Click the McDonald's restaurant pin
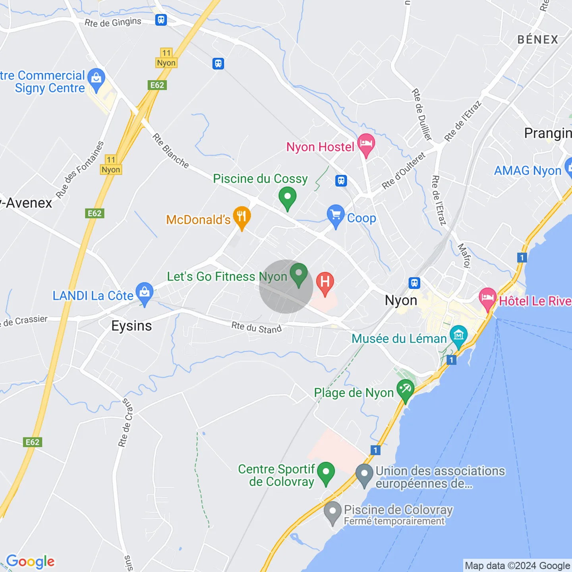(241, 217)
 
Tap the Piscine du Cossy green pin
(287, 197)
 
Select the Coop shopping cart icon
(336, 215)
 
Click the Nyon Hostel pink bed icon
(366, 144)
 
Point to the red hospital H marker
(325, 282)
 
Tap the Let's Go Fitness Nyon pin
(298, 274)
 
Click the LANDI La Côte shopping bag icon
(145, 293)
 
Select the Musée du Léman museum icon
(458, 336)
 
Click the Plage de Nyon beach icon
(405, 390)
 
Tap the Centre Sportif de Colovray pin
(326, 473)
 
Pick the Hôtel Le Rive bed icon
(488, 298)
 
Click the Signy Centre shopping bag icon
(96, 79)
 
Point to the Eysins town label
(131, 326)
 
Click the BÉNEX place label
(538, 40)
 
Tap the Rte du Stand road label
(257, 328)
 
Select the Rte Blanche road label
(171, 151)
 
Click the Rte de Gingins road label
(113, 22)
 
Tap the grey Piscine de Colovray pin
(332, 512)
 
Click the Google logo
(31, 561)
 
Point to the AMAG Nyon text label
(528, 171)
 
